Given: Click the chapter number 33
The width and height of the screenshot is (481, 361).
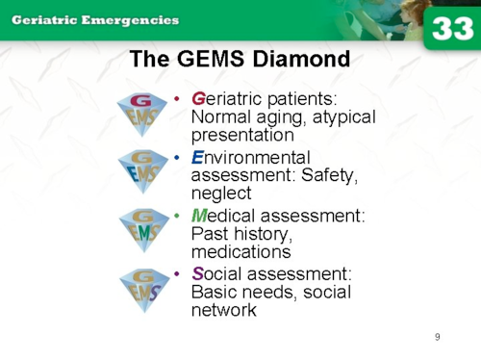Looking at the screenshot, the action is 452,29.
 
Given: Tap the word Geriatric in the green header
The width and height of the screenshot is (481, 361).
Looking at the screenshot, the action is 44,20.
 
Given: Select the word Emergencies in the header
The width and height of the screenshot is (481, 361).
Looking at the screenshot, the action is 130,20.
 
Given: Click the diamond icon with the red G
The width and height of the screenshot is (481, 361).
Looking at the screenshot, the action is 142,115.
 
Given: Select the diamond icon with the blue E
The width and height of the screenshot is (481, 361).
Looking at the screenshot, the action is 143,171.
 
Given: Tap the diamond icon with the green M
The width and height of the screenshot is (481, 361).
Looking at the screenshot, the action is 144,230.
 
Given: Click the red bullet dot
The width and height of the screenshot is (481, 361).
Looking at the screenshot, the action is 176,98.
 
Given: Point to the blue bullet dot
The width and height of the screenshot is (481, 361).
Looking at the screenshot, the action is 176,158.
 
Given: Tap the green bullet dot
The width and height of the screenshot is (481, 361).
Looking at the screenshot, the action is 176,216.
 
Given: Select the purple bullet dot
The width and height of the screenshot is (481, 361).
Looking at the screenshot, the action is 176,274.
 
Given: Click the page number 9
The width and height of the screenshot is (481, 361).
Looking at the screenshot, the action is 438,337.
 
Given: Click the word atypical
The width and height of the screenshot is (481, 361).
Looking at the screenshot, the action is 344,117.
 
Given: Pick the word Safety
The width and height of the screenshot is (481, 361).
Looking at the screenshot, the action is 329,176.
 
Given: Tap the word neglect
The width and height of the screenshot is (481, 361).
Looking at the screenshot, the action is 221,193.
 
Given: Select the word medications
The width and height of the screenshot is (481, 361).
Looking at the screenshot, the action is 241,251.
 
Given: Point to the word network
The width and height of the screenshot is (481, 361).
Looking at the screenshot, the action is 224,310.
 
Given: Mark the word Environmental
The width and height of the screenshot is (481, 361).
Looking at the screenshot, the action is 251,158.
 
